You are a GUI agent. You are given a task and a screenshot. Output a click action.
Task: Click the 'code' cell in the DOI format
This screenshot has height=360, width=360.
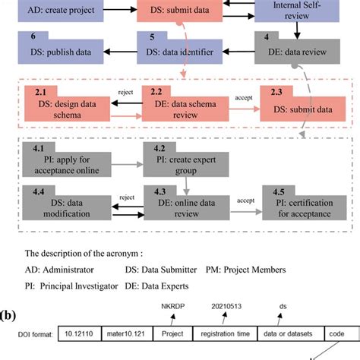click(335, 333)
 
